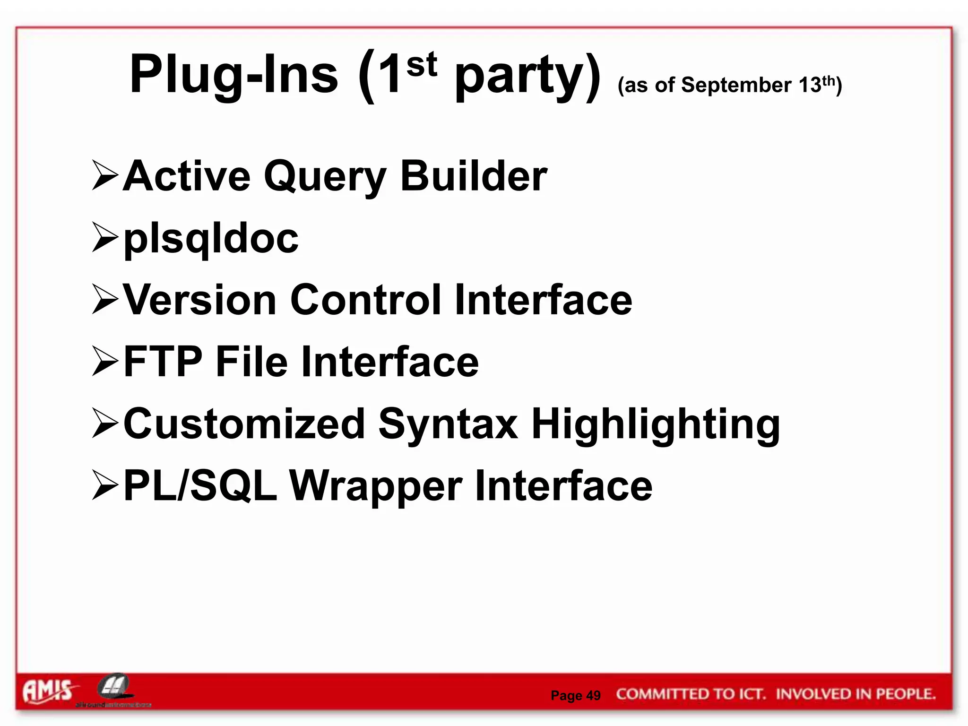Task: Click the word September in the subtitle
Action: point(736,86)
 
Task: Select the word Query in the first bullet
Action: point(325,177)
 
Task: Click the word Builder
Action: point(474,176)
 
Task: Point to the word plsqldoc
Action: point(211,239)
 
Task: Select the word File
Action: point(251,362)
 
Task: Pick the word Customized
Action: point(244,423)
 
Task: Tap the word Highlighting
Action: point(656,424)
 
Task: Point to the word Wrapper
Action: point(376,487)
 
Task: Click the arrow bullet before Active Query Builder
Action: point(105,176)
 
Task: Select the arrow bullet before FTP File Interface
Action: point(105,362)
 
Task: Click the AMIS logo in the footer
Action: point(48,691)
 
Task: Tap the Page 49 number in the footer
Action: point(575,695)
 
